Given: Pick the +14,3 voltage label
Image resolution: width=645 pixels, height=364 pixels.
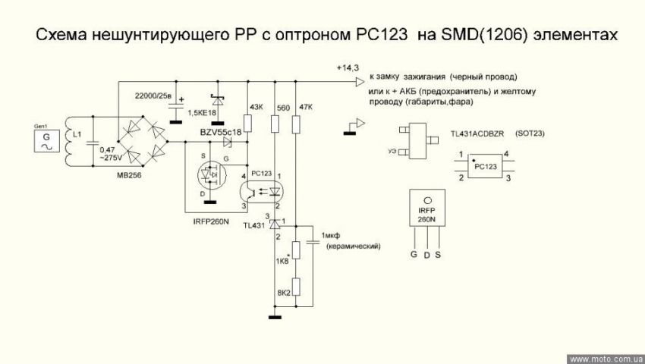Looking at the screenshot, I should (x=348, y=68).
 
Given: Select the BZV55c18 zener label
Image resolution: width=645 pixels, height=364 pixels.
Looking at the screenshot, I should (x=220, y=133).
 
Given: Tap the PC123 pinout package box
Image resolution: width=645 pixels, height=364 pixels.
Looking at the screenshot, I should (x=484, y=165).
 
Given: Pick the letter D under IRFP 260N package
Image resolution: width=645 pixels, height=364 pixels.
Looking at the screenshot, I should (x=426, y=255).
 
